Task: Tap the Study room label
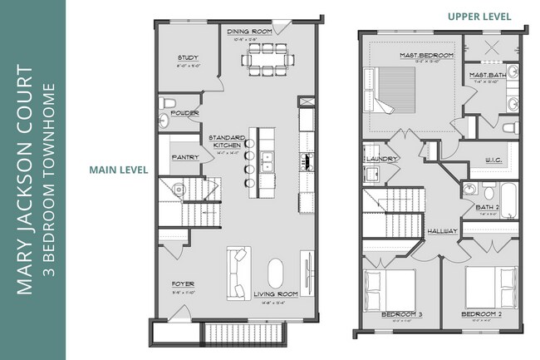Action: tap(187, 58)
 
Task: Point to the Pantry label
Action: tap(183, 156)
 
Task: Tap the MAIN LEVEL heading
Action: tap(119, 170)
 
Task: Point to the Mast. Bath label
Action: tap(484, 75)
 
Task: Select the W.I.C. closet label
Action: tap(490, 160)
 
